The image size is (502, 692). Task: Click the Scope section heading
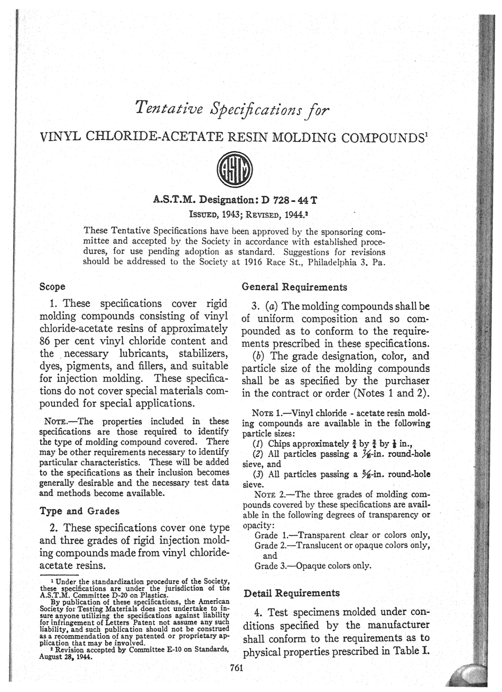pyautogui.click(x=53, y=287)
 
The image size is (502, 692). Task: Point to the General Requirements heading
pyautogui.click(x=294, y=287)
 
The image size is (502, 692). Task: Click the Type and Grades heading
pyautogui.click(x=79, y=511)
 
